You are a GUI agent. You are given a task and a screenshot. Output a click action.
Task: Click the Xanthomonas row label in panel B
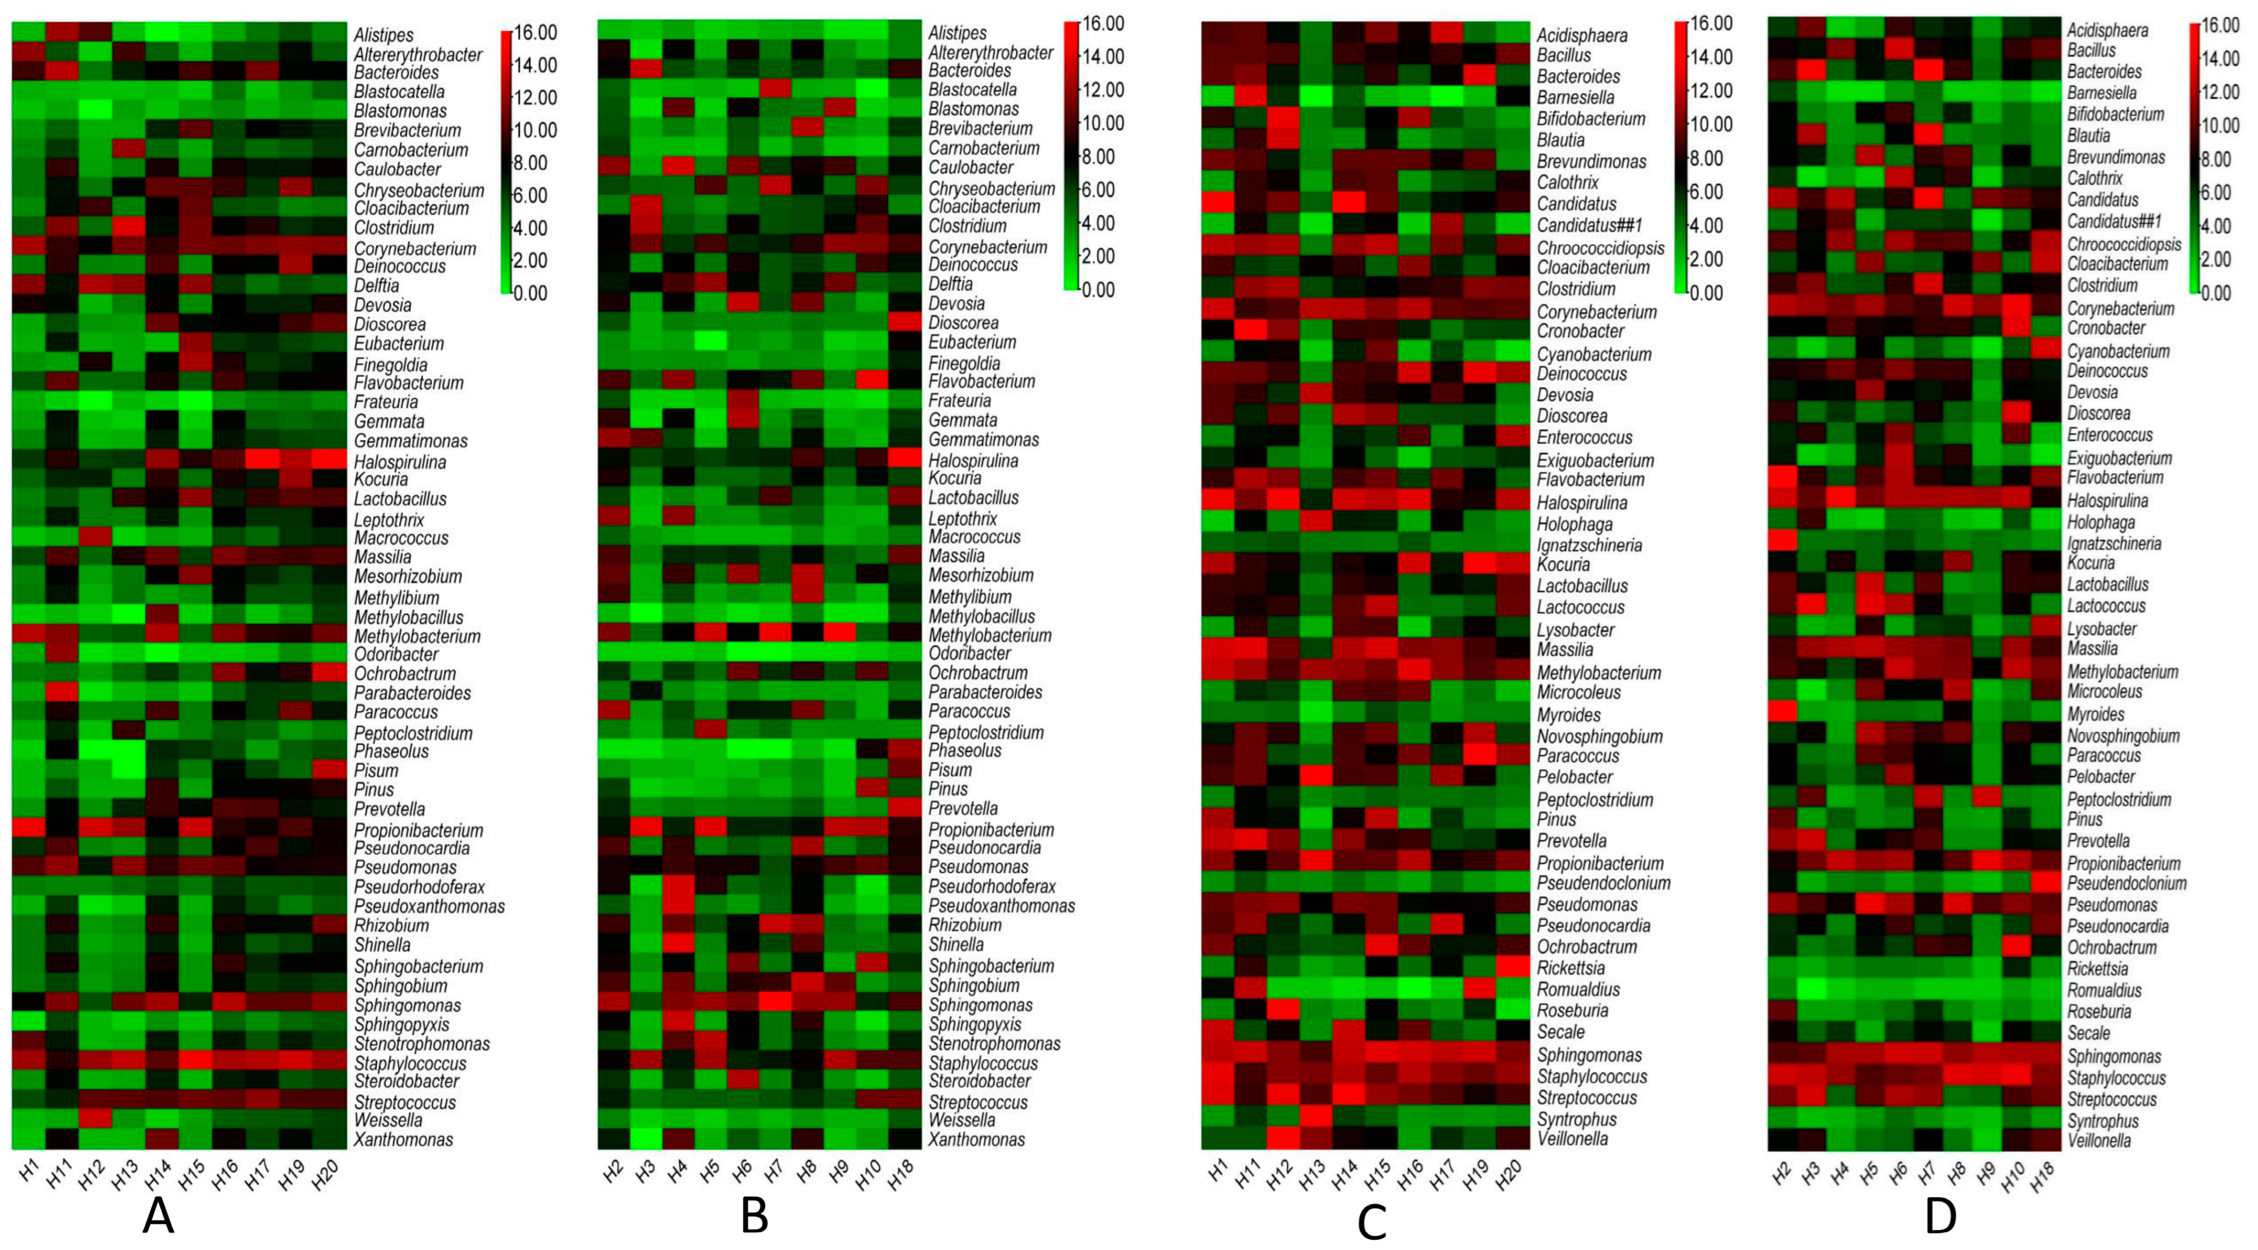click(x=977, y=1139)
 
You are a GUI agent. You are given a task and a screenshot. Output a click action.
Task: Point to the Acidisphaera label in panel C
click(x=1581, y=35)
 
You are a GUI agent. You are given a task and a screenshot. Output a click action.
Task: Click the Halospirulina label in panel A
click(x=400, y=462)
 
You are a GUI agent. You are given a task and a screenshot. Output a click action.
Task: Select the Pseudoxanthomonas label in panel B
click(x=1001, y=906)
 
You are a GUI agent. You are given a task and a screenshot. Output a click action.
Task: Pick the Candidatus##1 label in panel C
click(x=1589, y=225)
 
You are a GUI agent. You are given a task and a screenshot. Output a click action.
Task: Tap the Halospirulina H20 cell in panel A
click(x=330, y=458)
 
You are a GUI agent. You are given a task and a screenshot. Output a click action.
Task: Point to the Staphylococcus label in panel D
click(x=2116, y=1078)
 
